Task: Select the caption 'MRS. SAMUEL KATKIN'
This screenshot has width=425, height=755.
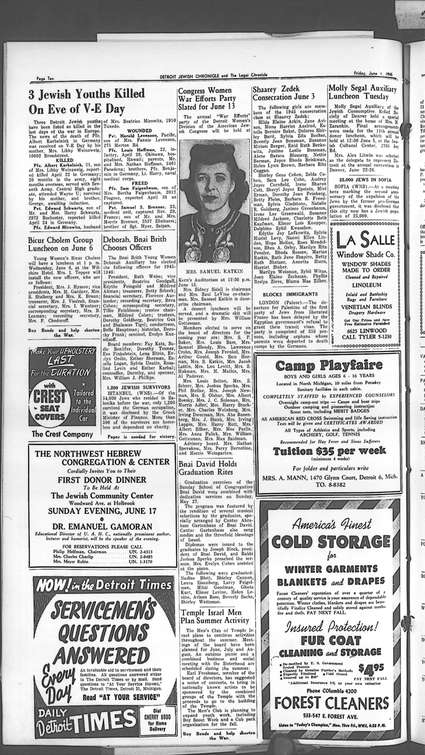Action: pyautogui.click(x=215, y=271)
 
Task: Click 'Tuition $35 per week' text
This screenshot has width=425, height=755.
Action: pyautogui.click(x=329, y=451)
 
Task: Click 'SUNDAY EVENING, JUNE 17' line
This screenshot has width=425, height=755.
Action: pyautogui.click(x=102, y=511)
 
